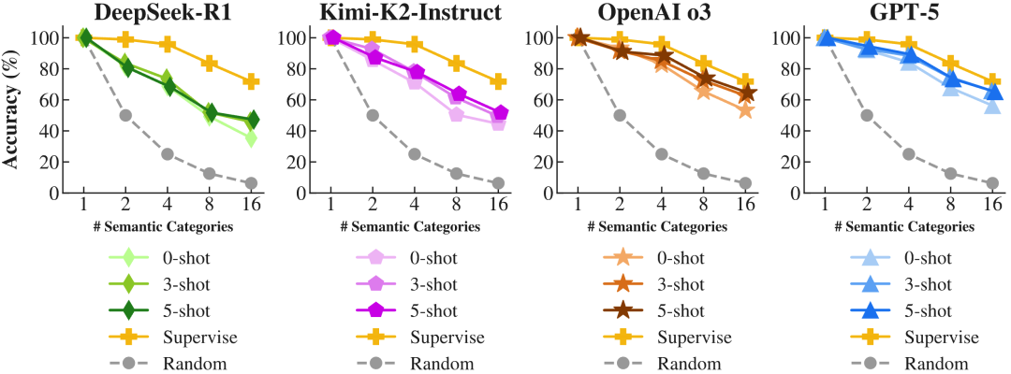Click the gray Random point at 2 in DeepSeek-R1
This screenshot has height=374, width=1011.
click(125, 115)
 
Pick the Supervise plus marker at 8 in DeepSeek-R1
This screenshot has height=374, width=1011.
click(208, 64)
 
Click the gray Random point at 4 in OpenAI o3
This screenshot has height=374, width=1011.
click(662, 154)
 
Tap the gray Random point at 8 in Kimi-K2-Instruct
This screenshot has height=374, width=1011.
click(456, 174)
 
